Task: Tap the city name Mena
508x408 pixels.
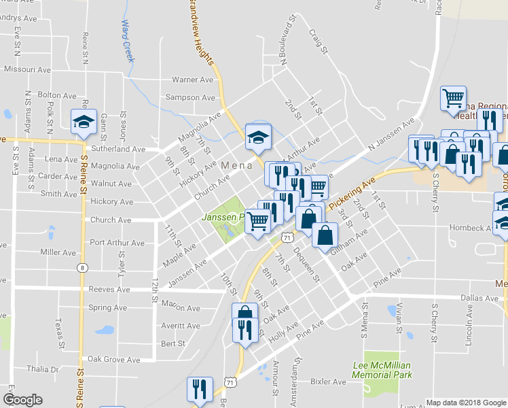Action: click(236, 165)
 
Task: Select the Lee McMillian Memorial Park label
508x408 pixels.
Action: click(383, 370)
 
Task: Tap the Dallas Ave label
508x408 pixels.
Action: click(479, 298)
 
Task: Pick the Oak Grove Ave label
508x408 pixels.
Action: click(114, 360)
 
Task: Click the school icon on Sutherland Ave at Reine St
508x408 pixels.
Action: click(84, 122)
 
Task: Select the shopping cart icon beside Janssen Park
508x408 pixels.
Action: click(257, 220)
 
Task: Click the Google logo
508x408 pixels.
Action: click(22, 400)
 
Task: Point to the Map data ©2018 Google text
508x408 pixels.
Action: click(466, 403)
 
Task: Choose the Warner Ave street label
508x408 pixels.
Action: click(193, 80)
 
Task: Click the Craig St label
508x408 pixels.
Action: click(318, 41)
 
